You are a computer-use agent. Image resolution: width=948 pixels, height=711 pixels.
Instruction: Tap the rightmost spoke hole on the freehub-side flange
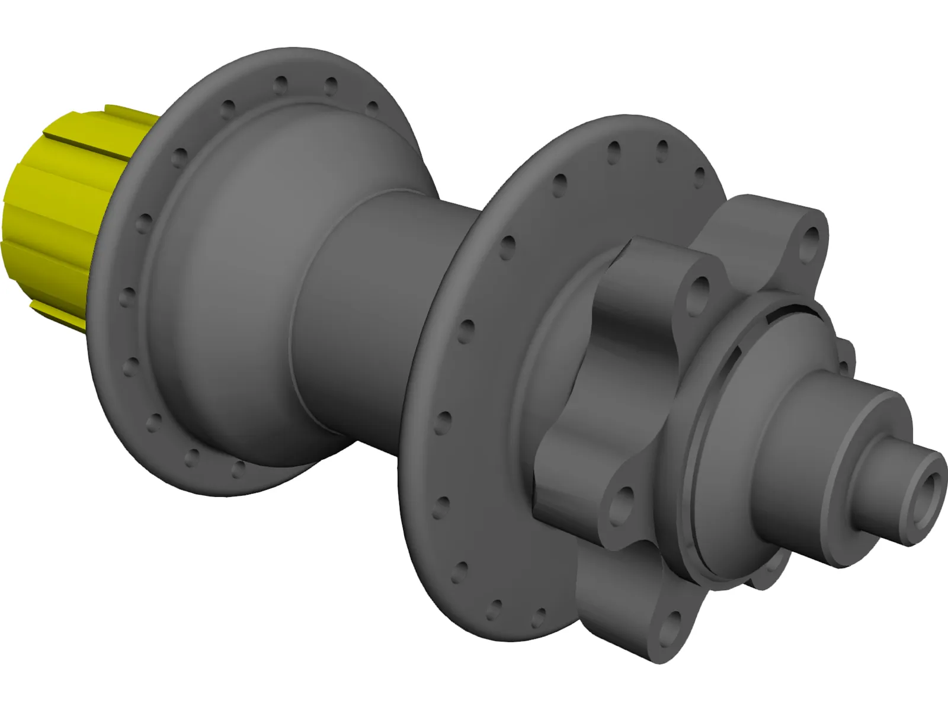372,108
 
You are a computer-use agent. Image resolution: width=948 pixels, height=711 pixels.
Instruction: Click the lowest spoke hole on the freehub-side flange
239,469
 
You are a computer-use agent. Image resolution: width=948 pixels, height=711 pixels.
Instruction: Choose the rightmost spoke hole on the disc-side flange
700,175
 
